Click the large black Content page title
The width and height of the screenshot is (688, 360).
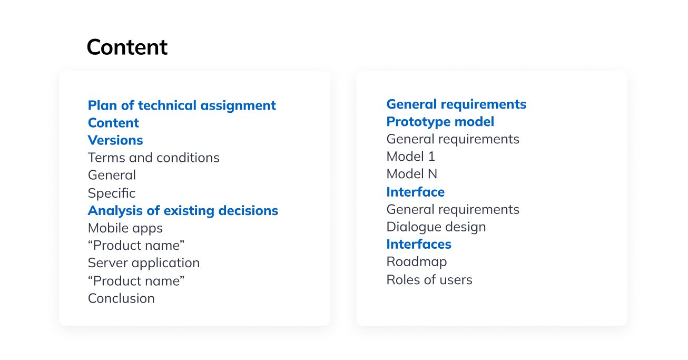tap(127, 47)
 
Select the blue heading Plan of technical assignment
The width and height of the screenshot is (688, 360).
tap(182, 105)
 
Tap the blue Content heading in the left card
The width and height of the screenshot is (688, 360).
tap(113, 123)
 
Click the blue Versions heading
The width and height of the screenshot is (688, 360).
tap(115, 140)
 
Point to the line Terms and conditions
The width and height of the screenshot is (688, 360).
tap(154, 158)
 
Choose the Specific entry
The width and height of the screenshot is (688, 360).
tap(112, 193)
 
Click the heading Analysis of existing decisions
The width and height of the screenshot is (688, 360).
tap(183, 211)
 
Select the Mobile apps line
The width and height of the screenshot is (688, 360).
tap(125, 228)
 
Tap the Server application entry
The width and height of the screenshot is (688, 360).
tap(144, 263)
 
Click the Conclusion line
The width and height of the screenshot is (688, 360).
tap(121, 298)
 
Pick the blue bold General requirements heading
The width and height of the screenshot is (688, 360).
tap(456, 104)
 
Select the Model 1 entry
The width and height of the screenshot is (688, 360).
tap(411, 157)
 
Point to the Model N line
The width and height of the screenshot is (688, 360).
tap(412, 174)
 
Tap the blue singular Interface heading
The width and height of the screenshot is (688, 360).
tap(416, 192)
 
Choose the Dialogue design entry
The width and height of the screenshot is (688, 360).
tap(436, 227)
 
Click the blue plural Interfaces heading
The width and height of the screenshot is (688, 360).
tap(419, 245)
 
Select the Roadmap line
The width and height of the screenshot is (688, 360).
tap(417, 262)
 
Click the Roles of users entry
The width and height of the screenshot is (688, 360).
tap(429, 280)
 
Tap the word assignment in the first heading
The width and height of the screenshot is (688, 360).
tap(238, 106)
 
